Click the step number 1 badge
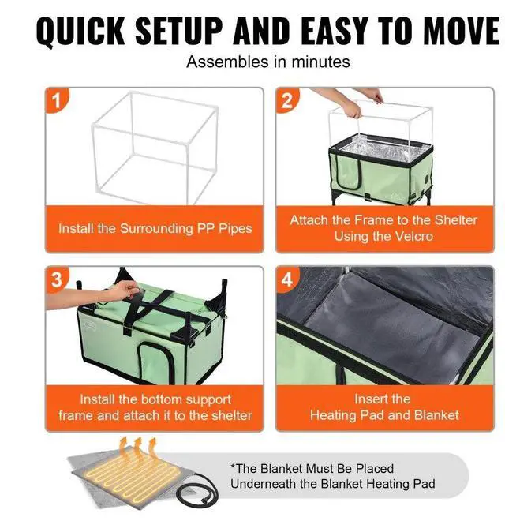pyautogui.click(x=57, y=99)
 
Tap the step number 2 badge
pyautogui.click(x=287, y=99)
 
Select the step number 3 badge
pyautogui.click(x=57, y=279)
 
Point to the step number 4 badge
pyautogui.click(x=287, y=279)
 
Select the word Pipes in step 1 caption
pyautogui.click(x=235, y=229)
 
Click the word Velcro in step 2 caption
pyautogui.click(x=414, y=236)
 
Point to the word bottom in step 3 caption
pyautogui.click(x=161, y=399)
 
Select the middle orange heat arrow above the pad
pyautogui.click(x=138, y=448)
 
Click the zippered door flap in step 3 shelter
pyautogui.click(x=156, y=362)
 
